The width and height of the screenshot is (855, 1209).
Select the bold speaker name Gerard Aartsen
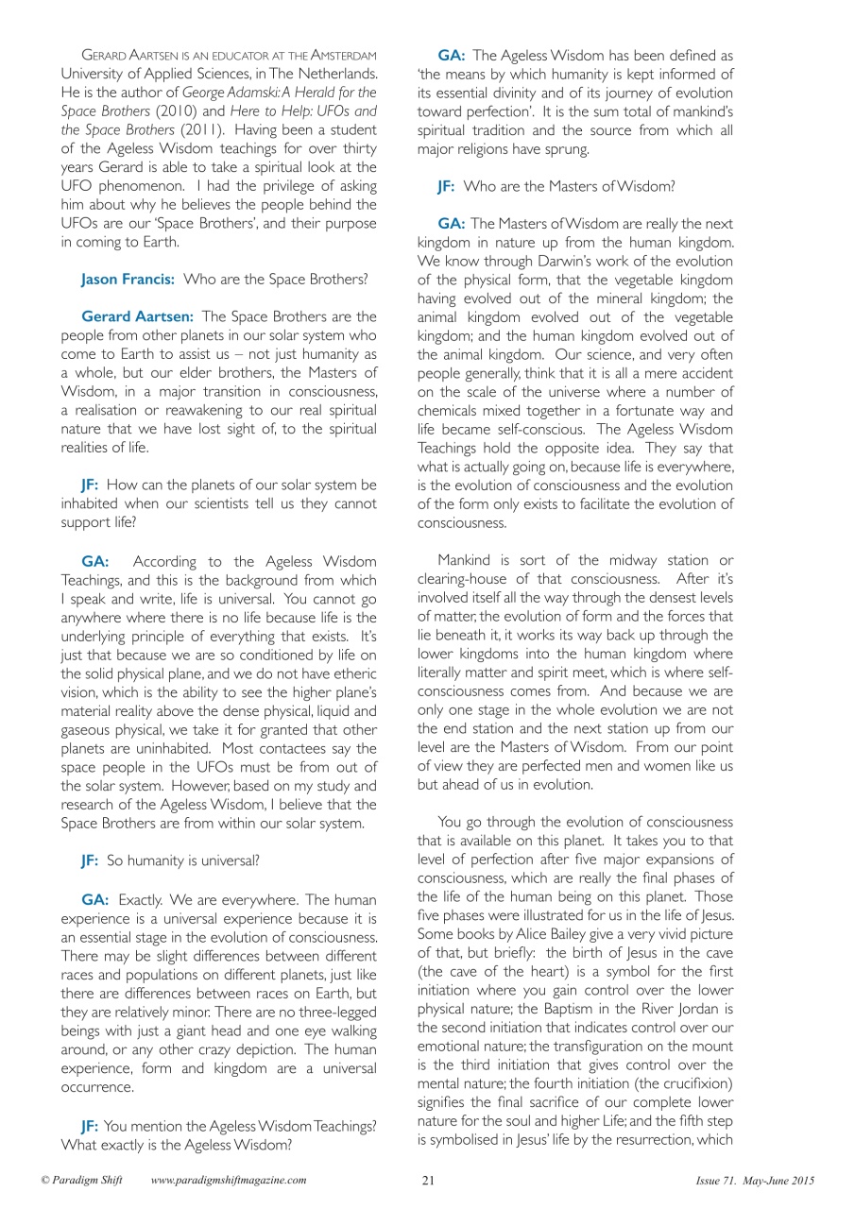point(139,316)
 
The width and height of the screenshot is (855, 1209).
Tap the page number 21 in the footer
point(428,1181)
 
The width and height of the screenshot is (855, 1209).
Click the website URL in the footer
point(229,1181)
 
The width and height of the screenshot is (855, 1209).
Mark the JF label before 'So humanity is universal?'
point(91,860)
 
